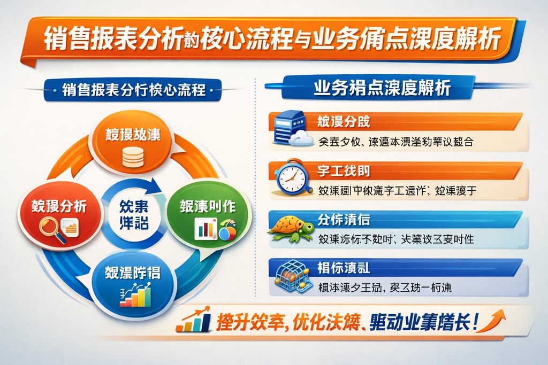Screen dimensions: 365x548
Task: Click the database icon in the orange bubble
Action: coord(133,156)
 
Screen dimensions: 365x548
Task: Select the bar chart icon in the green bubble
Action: coord(205,229)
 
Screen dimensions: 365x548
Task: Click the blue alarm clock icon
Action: coord(292,178)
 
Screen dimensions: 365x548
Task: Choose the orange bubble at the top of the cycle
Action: coord(133,142)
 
